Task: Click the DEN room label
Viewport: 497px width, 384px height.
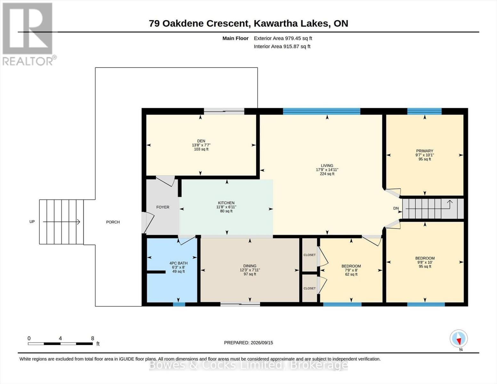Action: (201, 141)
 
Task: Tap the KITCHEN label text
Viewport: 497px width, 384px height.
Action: (226, 203)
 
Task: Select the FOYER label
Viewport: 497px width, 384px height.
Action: (163, 207)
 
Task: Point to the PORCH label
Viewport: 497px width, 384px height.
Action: (113, 222)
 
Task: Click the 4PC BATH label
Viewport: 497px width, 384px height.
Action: (178, 263)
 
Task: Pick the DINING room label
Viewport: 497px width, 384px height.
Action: (250, 266)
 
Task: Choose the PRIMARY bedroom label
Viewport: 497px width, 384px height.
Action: (425, 151)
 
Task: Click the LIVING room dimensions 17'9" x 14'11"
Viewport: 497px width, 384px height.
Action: (327, 170)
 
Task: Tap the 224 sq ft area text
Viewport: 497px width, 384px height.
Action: (327, 174)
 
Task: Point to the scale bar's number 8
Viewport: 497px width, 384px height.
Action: (92, 339)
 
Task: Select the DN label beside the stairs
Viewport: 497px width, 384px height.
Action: (396, 208)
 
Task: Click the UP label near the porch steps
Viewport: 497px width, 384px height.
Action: (32, 222)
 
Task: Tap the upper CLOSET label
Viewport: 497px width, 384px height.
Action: (309, 255)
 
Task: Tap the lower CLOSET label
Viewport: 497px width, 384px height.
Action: (309, 288)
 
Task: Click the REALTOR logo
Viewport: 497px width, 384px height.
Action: (28, 34)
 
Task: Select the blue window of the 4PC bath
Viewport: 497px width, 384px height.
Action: (179, 304)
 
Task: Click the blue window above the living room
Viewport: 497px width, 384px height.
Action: (322, 111)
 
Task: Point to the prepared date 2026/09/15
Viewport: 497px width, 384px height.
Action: (262, 343)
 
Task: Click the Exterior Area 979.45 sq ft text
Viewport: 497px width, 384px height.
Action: (283, 38)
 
